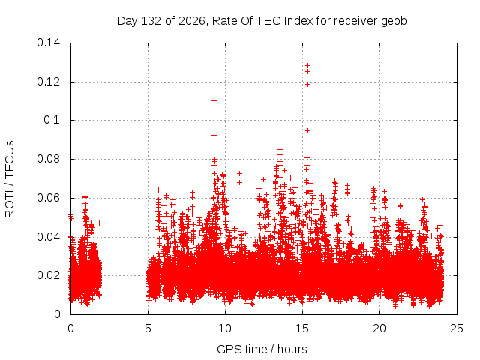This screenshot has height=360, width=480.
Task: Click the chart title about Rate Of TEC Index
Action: (262, 21)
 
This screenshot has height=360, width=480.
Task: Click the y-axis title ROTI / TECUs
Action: (10, 179)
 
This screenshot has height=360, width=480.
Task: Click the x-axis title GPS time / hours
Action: (262, 349)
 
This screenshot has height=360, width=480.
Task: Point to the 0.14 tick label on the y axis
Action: (48, 43)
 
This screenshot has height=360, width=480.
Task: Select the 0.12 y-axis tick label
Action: (48, 82)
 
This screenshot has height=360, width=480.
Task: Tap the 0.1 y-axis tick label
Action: (52, 120)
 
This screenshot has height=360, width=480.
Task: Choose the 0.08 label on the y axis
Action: (48, 159)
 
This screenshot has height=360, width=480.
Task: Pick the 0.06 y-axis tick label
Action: (48, 198)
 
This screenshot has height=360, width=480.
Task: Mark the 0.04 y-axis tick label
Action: (48, 237)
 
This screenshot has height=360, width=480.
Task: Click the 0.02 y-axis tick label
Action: (48, 275)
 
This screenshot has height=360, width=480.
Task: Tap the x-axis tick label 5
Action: (148, 328)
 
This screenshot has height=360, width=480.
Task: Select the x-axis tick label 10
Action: (225, 328)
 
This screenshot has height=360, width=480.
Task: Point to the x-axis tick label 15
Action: (302, 328)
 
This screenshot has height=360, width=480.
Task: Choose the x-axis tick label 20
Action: (379, 328)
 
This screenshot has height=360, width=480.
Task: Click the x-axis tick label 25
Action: (457, 328)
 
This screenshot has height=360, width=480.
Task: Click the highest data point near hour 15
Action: (308, 65)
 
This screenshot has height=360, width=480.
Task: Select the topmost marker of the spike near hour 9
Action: (214, 100)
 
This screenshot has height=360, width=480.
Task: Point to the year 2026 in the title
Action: (192, 21)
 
